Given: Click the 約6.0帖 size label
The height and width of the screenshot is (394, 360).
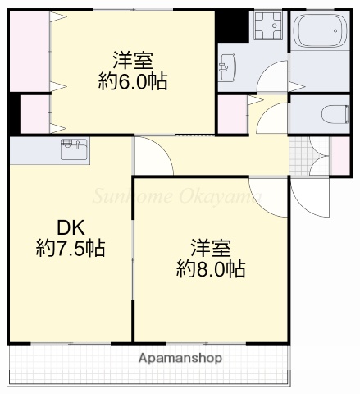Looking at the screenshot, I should pyautogui.click(x=133, y=81).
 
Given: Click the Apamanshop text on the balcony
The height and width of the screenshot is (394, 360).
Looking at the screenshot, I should pyautogui.click(x=179, y=359).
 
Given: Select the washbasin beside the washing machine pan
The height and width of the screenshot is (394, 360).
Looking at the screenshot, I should pyautogui.click(x=227, y=65).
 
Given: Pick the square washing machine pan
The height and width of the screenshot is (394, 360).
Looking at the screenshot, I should pyautogui.click(x=267, y=28).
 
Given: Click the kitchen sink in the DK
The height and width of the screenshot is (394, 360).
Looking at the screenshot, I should pyautogui.click(x=74, y=149).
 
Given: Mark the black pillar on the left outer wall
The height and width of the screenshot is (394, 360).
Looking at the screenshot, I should pyautogui.click(x=12, y=114).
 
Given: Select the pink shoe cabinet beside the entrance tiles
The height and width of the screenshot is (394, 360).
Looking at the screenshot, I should pyautogui.click(x=339, y=154).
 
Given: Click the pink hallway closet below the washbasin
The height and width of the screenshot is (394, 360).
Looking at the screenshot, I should pyautogui.click(x=231, y=114).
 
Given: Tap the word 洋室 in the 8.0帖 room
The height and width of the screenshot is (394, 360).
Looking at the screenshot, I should pyautogui.click(x=210, y=247).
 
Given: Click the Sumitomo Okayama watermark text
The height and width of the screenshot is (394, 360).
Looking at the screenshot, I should pyautogui.click(x=176, y=196).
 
